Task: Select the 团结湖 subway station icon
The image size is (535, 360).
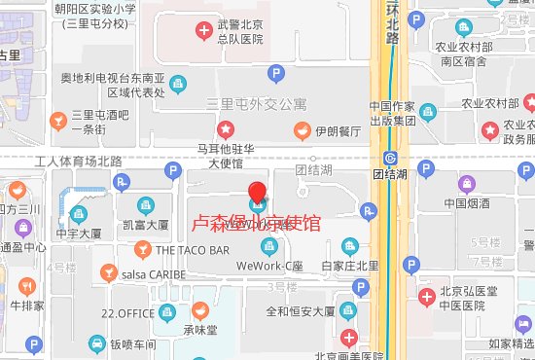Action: coord(391,159)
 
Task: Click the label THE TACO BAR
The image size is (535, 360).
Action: coord(192,250)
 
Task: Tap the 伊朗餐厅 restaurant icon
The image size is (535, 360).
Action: coord(302,129)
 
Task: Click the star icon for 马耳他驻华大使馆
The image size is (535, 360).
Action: coord(226,128)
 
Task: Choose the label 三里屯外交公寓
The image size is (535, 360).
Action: coord(256,103)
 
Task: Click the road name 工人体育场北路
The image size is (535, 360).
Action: coord(78,161)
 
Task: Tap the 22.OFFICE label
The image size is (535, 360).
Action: coord(128,312)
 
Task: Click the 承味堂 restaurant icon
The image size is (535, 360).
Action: coord(199,310)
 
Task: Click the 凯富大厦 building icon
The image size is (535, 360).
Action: coord(146,204)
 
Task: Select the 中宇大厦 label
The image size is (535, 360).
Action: coord(78,234)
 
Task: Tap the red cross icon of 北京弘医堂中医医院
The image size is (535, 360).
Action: coord(425,297)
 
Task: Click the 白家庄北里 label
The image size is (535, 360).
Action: coord(350,266)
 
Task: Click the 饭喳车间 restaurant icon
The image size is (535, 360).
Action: coord(97,342)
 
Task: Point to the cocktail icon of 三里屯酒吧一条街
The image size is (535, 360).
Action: coord(57,120)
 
